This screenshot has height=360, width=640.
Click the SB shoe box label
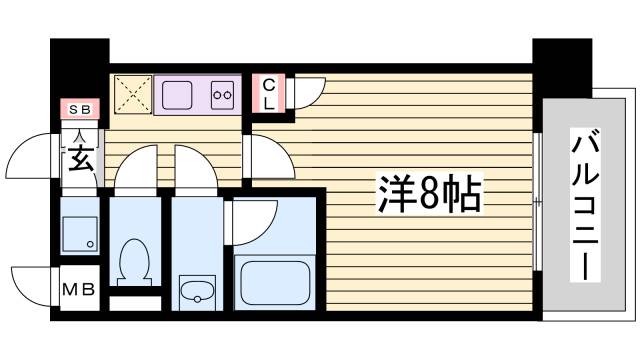coord(76,107)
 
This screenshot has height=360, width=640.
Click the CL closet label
coord(269,94)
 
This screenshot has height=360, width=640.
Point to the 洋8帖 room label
coord(430,193)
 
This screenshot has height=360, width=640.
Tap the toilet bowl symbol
coord(131,261)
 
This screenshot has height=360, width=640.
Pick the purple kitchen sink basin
coord(179,96)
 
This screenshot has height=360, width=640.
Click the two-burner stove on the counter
coord(222,96)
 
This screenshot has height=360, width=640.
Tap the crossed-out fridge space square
coord(131,94)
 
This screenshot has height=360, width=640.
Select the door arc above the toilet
coord(136,165)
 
